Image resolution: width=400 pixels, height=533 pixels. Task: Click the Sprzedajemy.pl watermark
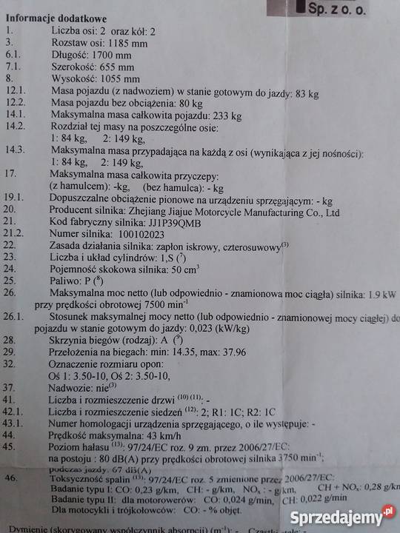click(345, 516)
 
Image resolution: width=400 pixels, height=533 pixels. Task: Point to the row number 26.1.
click(16, 316)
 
